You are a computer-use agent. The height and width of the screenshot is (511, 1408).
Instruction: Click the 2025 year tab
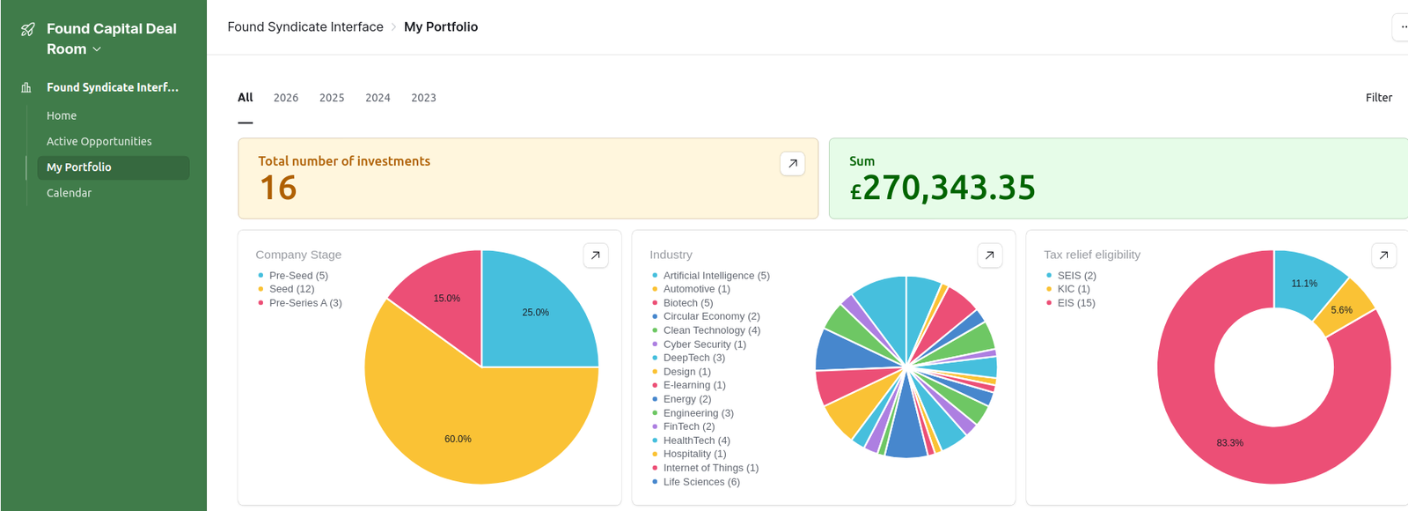(332, 98)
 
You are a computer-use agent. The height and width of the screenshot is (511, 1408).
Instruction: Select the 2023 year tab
(423, 98)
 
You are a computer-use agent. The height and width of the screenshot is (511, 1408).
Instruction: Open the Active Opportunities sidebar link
(99, 141)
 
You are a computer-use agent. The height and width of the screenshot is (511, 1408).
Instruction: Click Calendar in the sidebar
(69, 193)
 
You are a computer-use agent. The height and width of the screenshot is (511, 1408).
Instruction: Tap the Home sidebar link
(62, 115)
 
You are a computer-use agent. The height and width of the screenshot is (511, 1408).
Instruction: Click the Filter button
(1378, 98)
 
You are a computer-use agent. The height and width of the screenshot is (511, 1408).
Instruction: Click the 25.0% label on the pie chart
(535, 313)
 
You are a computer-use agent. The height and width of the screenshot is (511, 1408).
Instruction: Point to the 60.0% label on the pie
(458, 439)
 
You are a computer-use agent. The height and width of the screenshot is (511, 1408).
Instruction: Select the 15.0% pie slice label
(446, 299)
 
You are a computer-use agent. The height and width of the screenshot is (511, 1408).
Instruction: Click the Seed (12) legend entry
(291, 289)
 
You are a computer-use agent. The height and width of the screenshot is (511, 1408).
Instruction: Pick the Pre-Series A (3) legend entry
(304, 303)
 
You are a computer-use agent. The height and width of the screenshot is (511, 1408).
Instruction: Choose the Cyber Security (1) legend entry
(704, 344)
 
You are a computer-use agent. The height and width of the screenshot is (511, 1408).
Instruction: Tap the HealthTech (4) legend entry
(696, 441)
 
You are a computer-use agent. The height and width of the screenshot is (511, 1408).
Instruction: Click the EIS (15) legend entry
(1075, 303)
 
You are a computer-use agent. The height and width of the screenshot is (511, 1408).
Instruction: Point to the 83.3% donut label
(1229, 443)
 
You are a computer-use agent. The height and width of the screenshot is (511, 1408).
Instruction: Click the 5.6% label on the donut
(1341, 310)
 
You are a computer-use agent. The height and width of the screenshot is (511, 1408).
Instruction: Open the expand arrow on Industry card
(989, 255)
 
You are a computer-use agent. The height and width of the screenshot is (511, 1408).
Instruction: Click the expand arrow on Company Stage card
(596, 255)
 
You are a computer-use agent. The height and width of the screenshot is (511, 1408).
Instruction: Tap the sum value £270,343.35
(942, 188)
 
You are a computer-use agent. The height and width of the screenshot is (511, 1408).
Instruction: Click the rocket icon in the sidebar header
(28, 29)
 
